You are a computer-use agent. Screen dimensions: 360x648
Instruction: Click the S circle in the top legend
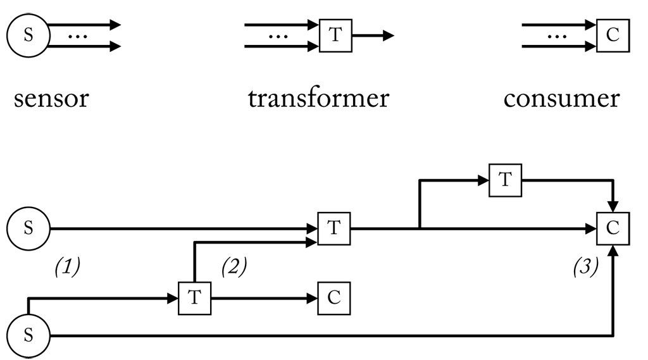pos(28,35)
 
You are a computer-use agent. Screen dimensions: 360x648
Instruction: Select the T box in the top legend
pos(335,35)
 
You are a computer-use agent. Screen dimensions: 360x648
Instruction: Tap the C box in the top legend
pos(612,35)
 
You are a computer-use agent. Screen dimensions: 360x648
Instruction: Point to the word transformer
pos(318,99)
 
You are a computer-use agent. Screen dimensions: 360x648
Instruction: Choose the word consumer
pos(561,99)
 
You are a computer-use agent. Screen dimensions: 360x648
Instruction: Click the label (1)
pos(66,268)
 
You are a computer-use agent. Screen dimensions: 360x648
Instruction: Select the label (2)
pos(234,268)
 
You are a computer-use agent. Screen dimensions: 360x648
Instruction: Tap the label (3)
pos(585,268)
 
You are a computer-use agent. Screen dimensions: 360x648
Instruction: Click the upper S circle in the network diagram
pos(28,228)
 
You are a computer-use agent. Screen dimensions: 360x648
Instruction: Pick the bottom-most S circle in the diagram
pos(28,336)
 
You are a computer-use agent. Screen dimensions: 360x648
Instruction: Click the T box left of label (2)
pos(194,297)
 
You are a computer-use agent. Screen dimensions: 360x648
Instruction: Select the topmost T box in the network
pos(504,180)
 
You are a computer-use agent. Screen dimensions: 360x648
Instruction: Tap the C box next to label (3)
pos(612,228)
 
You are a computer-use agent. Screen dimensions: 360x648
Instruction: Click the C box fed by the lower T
pos(334,297)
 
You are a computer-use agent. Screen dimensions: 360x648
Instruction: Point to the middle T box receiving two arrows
pos(334,228)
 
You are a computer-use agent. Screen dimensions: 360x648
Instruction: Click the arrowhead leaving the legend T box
pos(388,35)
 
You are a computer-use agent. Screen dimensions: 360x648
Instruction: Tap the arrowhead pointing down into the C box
pos(613,207)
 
